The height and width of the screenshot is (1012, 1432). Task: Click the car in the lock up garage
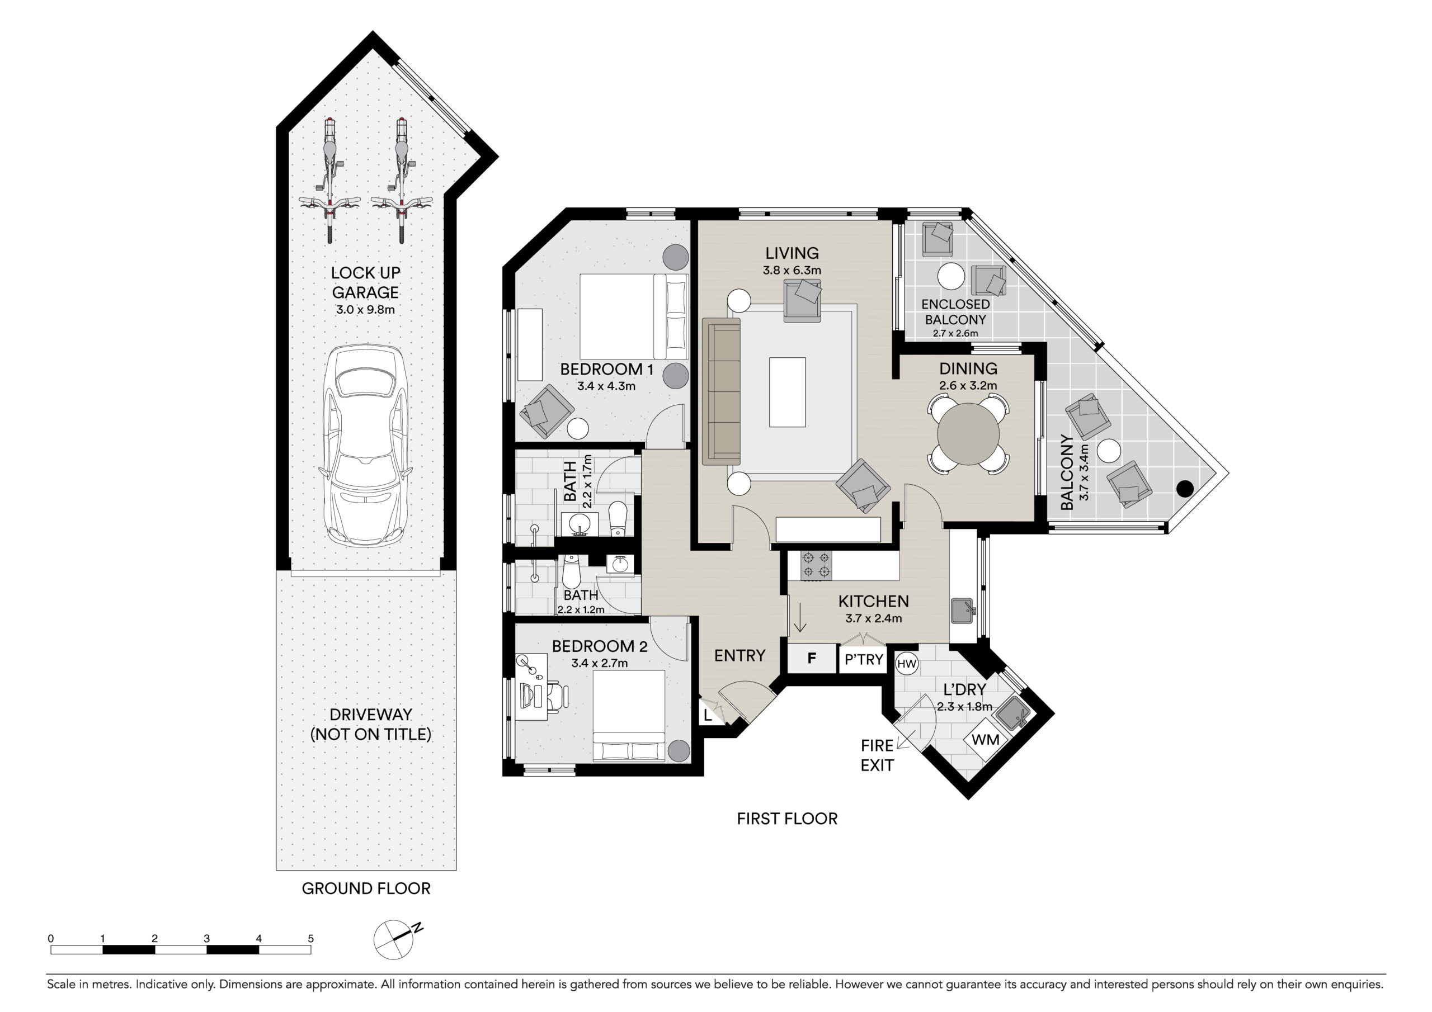(x=365, y=446)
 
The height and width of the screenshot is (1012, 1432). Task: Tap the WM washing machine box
(x=986, y=740)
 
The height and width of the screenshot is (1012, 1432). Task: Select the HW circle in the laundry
(x=906, y=664)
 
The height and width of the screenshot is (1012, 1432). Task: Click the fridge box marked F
(x=812, y=659)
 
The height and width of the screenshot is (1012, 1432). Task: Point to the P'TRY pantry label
(x=864, y=659)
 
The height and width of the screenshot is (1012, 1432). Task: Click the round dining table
(x=968, y=434)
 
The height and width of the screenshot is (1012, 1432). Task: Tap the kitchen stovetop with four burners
(x=817, y=565)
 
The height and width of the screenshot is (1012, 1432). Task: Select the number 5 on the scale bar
(x=310, y=938)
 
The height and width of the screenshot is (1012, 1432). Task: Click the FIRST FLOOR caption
(x=787, y=819)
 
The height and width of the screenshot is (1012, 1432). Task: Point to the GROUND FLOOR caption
(x=366, y=888)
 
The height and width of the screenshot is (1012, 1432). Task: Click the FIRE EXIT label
(x=877, y=755)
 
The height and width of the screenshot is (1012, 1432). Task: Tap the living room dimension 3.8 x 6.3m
(x=792, y=271)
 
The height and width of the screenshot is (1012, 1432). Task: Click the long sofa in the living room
(x=721, y=391)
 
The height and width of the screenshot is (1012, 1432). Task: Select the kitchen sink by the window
(x=963, y=611)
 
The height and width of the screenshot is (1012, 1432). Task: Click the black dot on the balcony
(x=1184, y=489)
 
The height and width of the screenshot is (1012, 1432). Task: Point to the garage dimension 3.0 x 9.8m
(x=365, y=310)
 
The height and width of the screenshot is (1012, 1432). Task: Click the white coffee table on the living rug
(x=787, y=392)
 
